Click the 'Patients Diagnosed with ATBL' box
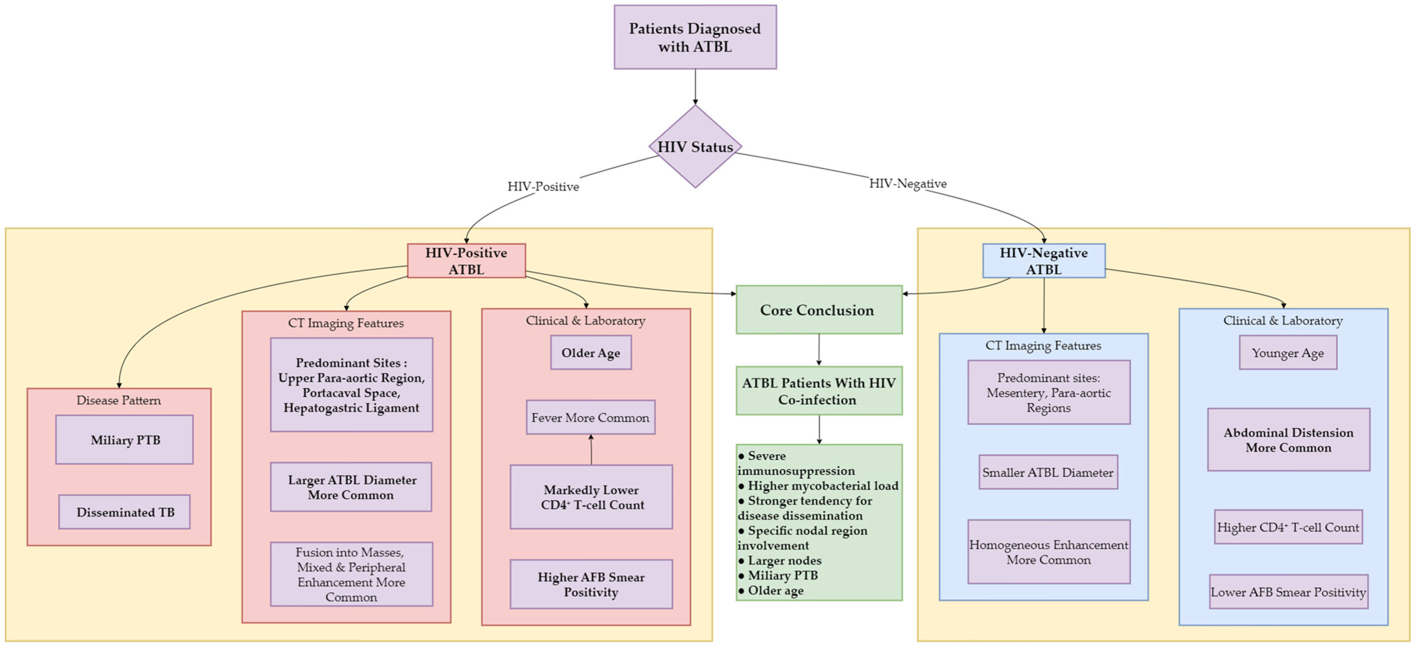(695, 37)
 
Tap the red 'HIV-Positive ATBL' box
(466, 261)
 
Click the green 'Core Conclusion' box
(819, 310)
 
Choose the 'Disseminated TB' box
(124, 512)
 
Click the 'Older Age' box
(591, 353)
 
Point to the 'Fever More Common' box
(590, 417)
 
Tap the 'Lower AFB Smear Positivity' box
(1288, 592)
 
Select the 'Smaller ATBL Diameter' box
(1048, 472)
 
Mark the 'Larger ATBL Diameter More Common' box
(351, 487)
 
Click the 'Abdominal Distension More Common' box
(1288, 439)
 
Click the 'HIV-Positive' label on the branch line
(543, 187)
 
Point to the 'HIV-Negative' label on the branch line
(907, 183)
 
